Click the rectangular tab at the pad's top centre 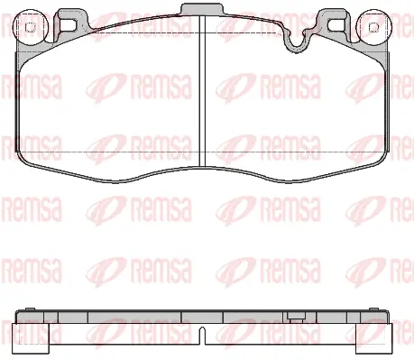tap(200, 10)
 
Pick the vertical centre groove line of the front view tap(200, 99)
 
